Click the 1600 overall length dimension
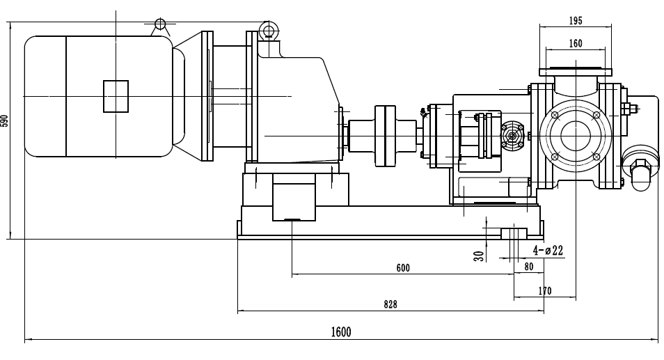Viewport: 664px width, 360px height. point(340,332)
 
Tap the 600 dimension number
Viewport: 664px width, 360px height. point(403,268)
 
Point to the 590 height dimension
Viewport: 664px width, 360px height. point(6,120)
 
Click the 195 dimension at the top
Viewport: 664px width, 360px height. point(575,21)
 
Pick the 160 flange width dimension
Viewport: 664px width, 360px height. point(575,43)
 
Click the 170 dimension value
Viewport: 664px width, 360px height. point(544,291)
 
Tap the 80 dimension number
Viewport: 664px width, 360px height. point(528,267)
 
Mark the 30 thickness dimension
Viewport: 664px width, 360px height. point(479,256)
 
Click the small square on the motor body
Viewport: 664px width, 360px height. point(116,95)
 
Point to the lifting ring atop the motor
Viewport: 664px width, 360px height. point(160,24)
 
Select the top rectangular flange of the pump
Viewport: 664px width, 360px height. point(575,69)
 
